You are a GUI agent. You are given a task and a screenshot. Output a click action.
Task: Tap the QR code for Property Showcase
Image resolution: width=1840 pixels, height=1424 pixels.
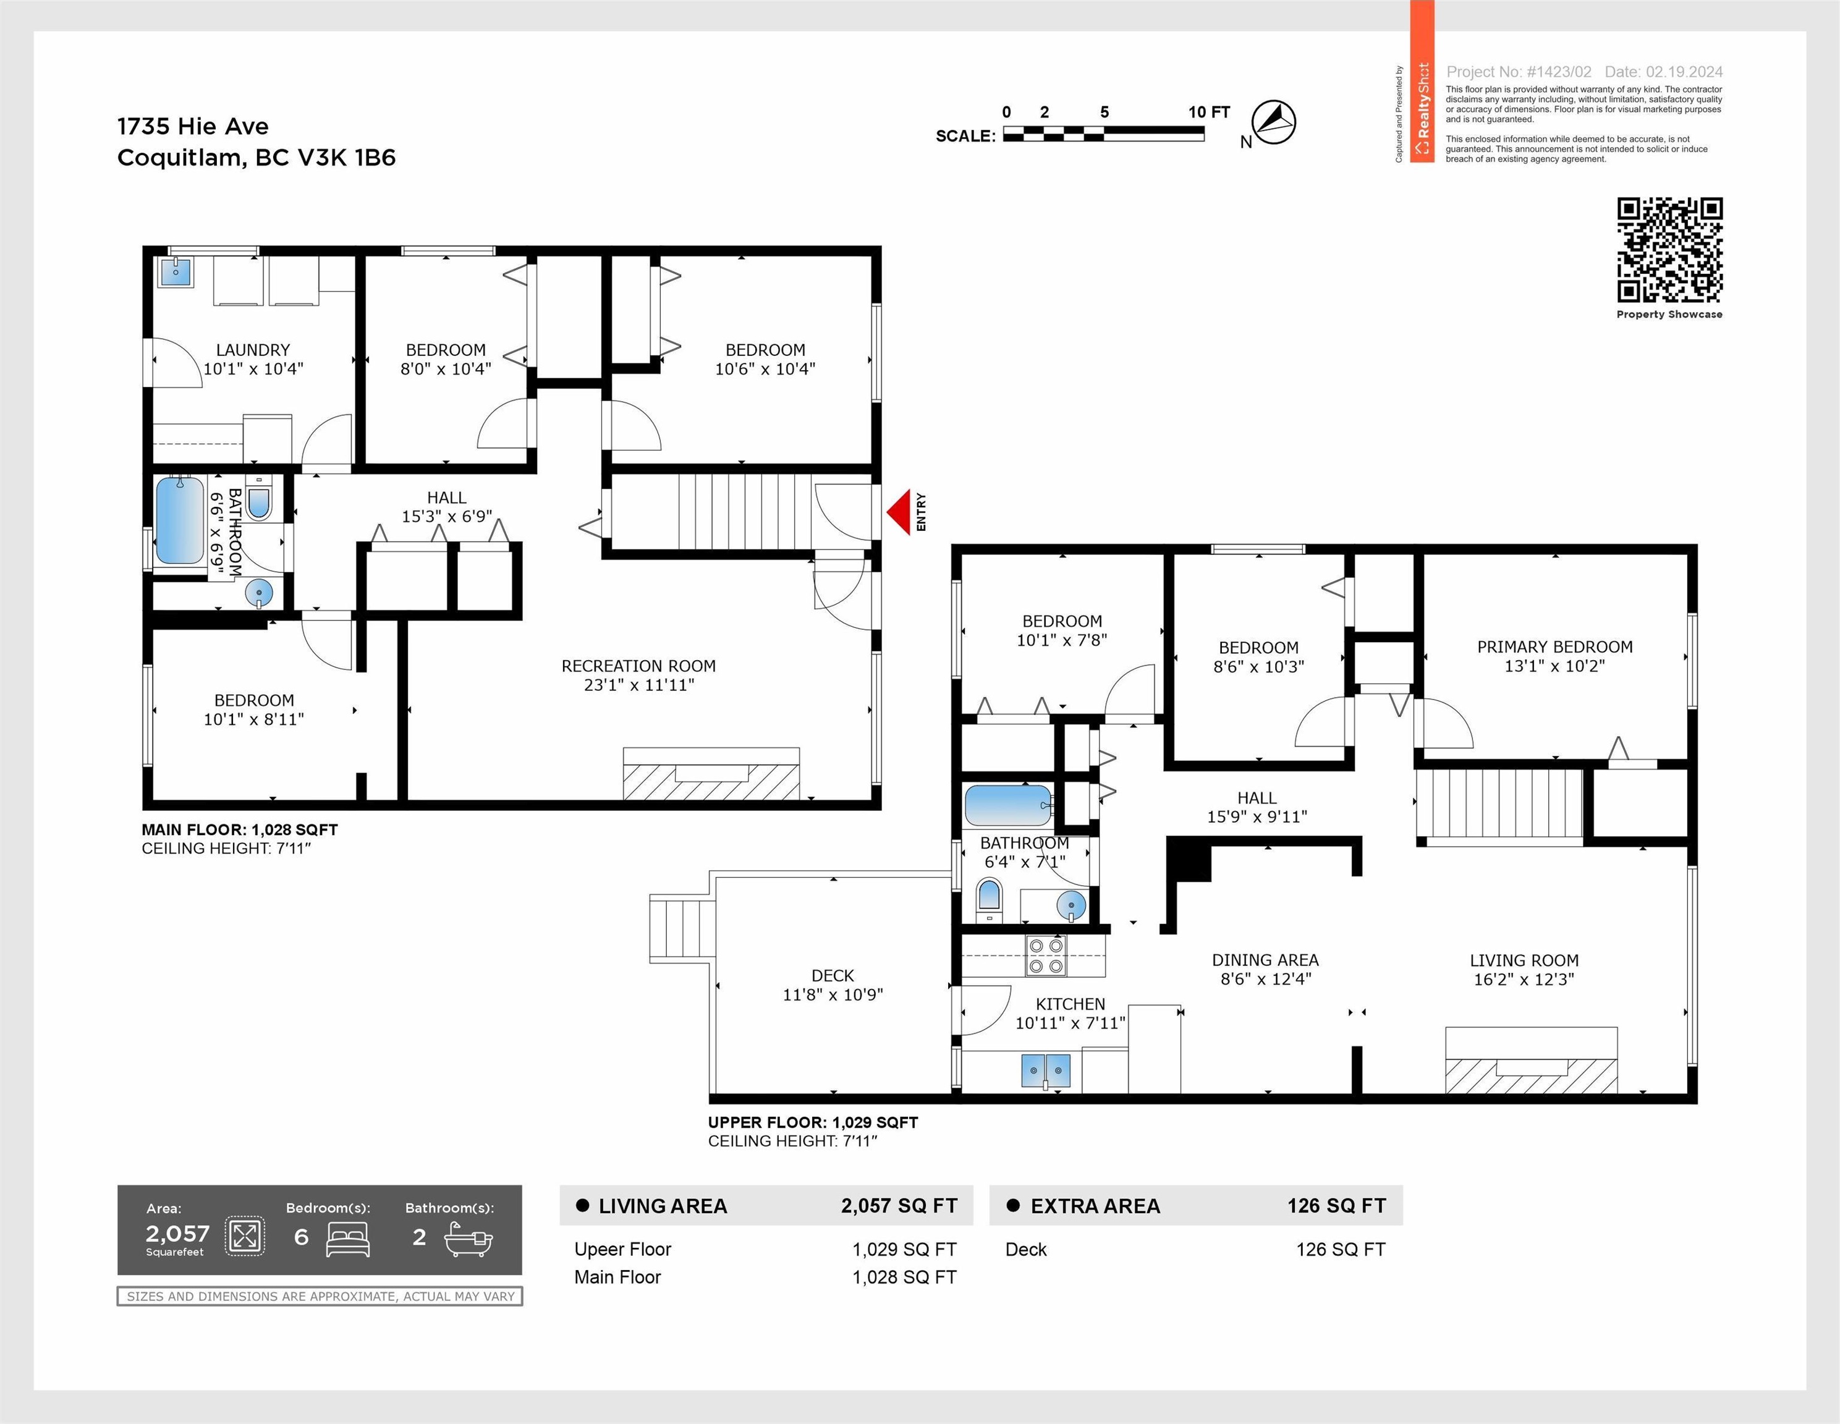pyautogui.click(x=1669, y=250)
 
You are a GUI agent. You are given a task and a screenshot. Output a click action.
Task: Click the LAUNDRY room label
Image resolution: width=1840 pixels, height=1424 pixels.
pyautogui.click(x=253, y=350)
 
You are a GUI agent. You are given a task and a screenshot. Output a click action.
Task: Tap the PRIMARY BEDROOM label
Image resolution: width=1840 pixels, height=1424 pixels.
pyautogui.click(x=1554, y=647)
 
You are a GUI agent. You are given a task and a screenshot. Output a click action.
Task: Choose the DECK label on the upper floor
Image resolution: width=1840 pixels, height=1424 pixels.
pyautogui.click(x=833, y=976)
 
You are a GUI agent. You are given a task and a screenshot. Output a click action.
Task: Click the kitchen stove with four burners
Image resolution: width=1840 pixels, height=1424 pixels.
pyautogui.click(x=1046, y=956)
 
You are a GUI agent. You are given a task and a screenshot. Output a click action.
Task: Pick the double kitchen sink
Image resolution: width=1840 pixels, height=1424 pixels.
pyautogui.click(x=1046, y=1070)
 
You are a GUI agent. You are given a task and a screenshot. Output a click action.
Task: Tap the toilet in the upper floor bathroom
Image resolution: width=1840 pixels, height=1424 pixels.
pyautogui.click(x=989, y=901)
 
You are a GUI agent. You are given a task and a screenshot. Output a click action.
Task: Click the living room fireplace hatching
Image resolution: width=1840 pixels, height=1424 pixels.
pyautogui.click(x=1531, y=1076)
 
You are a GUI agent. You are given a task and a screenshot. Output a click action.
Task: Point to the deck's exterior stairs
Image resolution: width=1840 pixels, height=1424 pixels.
pyautogui.click(x=682, y=928)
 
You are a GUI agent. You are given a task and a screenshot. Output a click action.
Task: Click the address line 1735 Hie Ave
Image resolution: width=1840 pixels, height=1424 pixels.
pyautogui.click(x=193, y=126)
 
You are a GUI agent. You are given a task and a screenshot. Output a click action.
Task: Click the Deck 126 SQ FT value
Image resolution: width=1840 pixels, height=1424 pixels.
pyautogui.click(x=1341, y=1250)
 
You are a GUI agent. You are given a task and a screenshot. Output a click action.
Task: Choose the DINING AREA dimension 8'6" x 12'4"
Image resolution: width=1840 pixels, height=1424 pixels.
pyautogui.click(x=1265, y=979)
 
